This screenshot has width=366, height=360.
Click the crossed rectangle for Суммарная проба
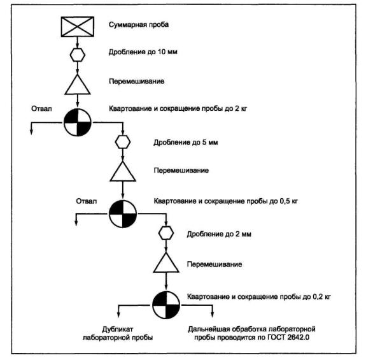click(78, 27)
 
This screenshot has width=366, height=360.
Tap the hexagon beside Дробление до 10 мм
click(78, 55)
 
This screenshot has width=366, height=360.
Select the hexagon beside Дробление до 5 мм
click(123, 142)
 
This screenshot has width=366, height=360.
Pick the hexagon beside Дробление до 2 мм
click(166, 233)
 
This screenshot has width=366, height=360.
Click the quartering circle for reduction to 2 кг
click(78, 122)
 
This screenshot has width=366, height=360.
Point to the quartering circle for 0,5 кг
click(123, 213)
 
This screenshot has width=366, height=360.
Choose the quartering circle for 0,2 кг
click(166, 305)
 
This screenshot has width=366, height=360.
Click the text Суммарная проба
click(139, 25)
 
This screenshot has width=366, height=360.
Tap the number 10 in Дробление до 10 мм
click(162, 52)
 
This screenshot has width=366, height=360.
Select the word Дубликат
click(118, 329)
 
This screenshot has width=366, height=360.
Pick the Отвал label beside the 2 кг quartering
click(41, 108)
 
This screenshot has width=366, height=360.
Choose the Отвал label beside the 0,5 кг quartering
click(87, 201)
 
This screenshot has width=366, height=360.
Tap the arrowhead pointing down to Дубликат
click(118, 314)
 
